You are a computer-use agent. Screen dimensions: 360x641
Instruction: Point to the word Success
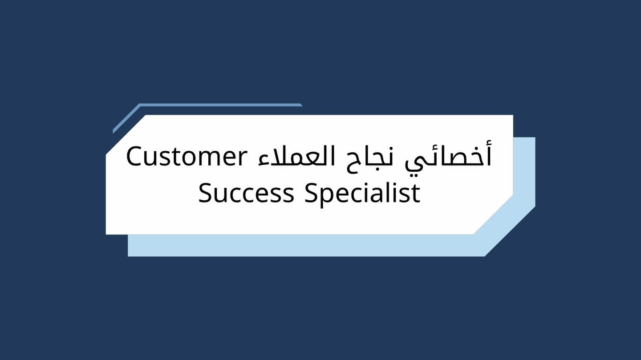(x=246, y=193)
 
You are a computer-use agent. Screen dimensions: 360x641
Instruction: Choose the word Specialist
(x=362, y=193)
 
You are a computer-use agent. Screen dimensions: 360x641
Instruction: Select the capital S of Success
(x=205, y=193)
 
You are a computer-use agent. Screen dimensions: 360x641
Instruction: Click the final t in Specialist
(x=416, y=194)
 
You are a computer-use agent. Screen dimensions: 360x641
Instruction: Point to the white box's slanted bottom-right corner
(x=493, y=214)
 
